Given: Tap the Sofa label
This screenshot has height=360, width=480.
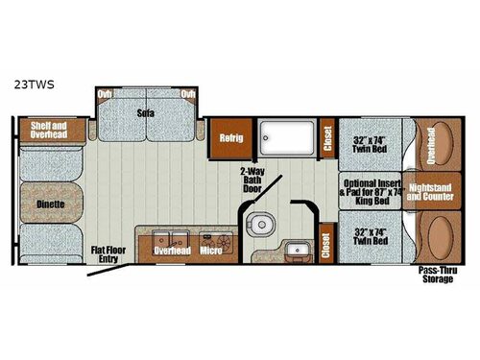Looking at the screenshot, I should tap(146, 112).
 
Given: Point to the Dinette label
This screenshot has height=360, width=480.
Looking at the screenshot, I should tap(52, 204).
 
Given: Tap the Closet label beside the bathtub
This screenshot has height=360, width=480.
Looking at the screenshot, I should tap(326, 140).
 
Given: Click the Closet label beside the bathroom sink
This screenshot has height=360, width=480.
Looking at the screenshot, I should tap(326, 247).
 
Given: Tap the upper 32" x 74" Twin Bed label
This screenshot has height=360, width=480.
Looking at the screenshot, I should tap(371, 140).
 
